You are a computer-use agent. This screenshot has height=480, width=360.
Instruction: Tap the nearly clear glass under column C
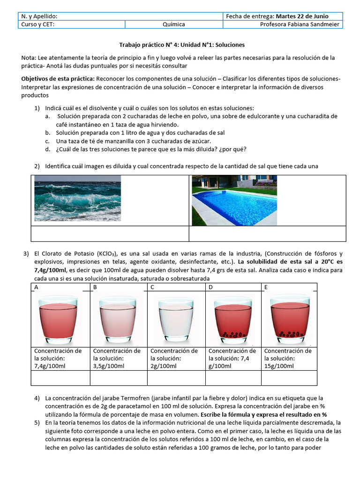175,318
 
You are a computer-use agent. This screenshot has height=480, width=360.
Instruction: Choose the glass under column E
291,318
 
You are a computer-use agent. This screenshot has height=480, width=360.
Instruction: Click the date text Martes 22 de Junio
302,16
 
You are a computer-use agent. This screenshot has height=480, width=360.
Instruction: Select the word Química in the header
173,24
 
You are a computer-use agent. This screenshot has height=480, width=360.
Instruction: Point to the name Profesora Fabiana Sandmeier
301,24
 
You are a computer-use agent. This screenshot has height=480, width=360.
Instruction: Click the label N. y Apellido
40,16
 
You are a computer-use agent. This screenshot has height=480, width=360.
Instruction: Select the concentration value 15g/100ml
282,366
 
